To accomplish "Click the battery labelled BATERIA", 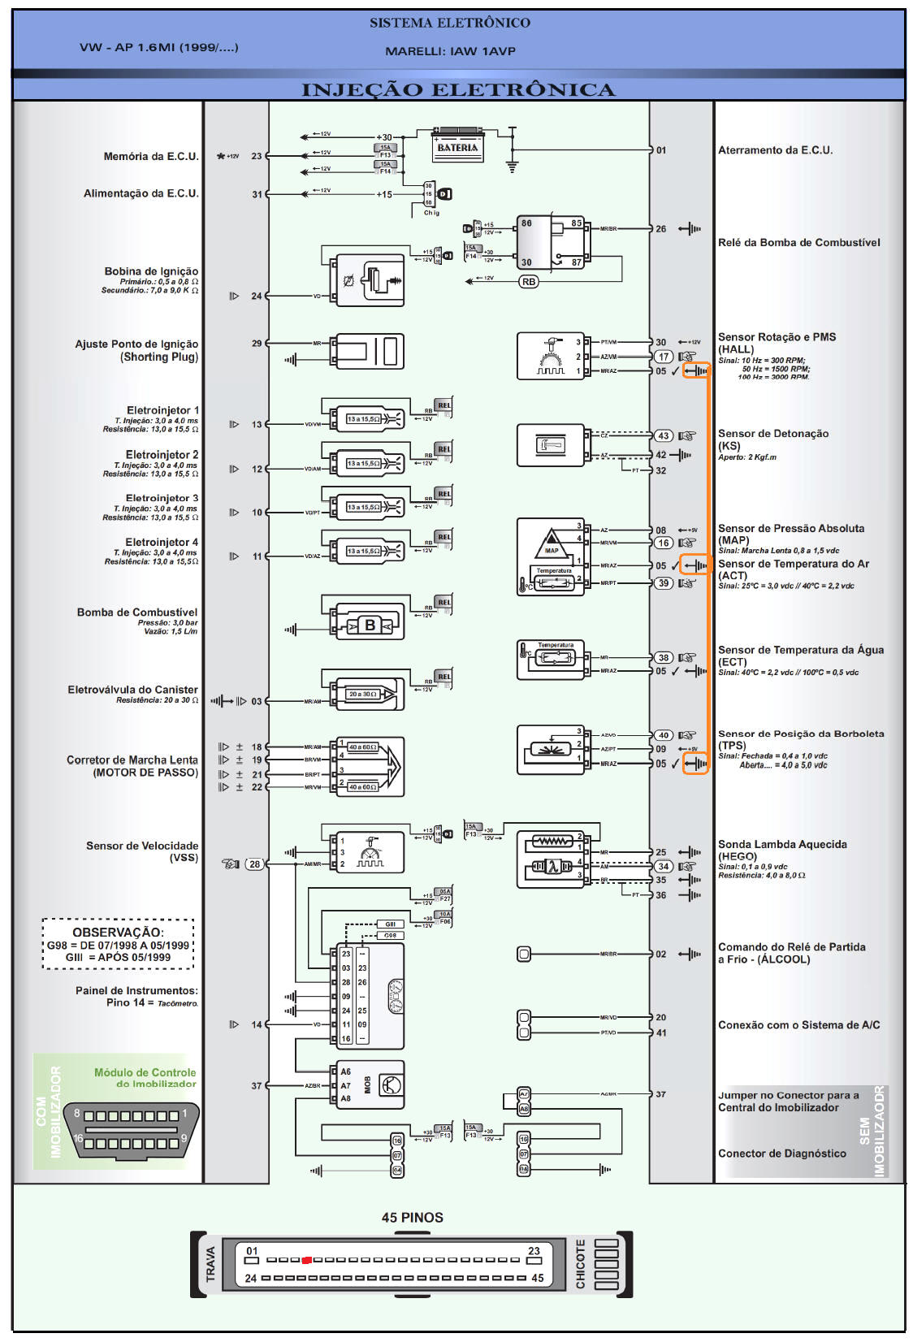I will pos(457,146).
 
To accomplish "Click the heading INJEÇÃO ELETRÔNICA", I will pos(457,89).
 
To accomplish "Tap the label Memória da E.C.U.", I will pos(151,156).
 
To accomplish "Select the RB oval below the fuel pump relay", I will pos(528,282).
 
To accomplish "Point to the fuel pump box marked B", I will pos(370,626).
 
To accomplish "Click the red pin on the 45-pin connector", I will pos(306,1260).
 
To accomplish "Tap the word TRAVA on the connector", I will pos(211,1264).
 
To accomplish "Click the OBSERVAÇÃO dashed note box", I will pos(119,944).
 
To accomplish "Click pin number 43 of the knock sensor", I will pos(664,435).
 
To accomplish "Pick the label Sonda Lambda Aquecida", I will pos(782,844).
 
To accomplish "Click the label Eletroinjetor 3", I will pos(162,498).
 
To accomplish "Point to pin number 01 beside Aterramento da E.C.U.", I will pos(661,150).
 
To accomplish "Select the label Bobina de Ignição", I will pos(151,271).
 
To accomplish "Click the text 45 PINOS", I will pos(413,1217).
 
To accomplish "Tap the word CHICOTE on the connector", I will pos(581,1264).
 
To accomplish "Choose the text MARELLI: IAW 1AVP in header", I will pos(450,51).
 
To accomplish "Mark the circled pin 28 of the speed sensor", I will pos(255,864).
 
